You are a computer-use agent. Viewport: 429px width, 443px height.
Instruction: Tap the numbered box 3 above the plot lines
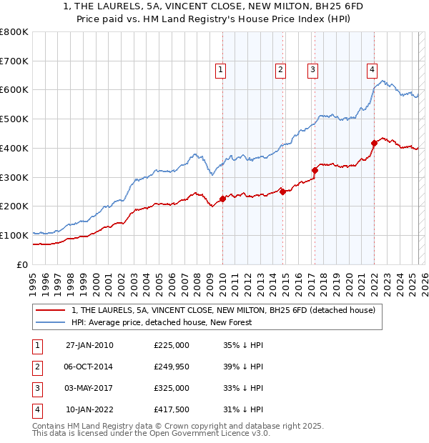pos(312,70)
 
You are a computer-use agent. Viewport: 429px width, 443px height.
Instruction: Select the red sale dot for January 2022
pos(374,143)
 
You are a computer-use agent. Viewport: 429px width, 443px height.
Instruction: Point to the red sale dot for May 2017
pos(315,170)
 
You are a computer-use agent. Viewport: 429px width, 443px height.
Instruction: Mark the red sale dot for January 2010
pos(222,199)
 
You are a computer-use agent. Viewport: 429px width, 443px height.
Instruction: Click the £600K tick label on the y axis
pos(14,90)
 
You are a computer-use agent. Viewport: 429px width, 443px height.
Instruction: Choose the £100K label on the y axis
pos(14,235)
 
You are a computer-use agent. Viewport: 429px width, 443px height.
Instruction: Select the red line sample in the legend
pos(49,310)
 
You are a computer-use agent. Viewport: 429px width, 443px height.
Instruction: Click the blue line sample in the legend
pos(49,322)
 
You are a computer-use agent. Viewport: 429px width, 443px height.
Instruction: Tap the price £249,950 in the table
pos(172,367)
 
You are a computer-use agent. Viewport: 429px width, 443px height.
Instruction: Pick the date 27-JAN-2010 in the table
pos(89,345)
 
